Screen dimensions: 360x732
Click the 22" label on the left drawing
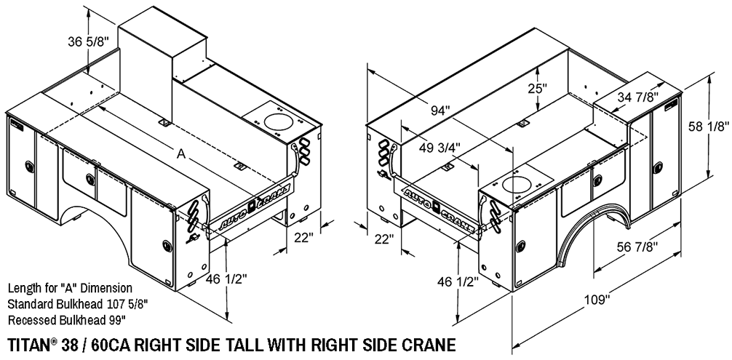click(303, 237)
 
